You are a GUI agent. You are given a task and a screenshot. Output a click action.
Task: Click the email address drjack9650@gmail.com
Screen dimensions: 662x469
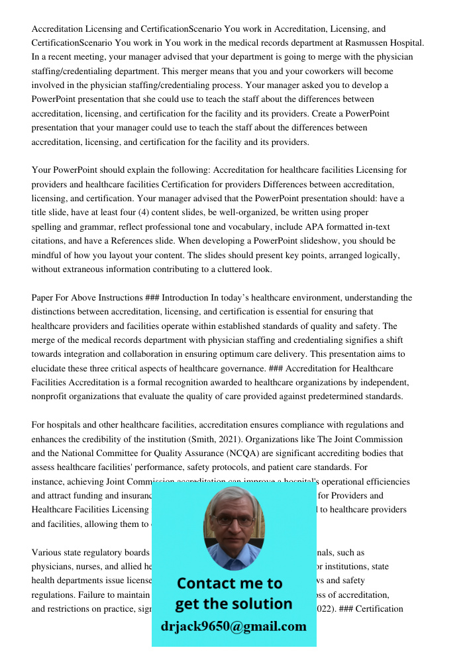233,626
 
